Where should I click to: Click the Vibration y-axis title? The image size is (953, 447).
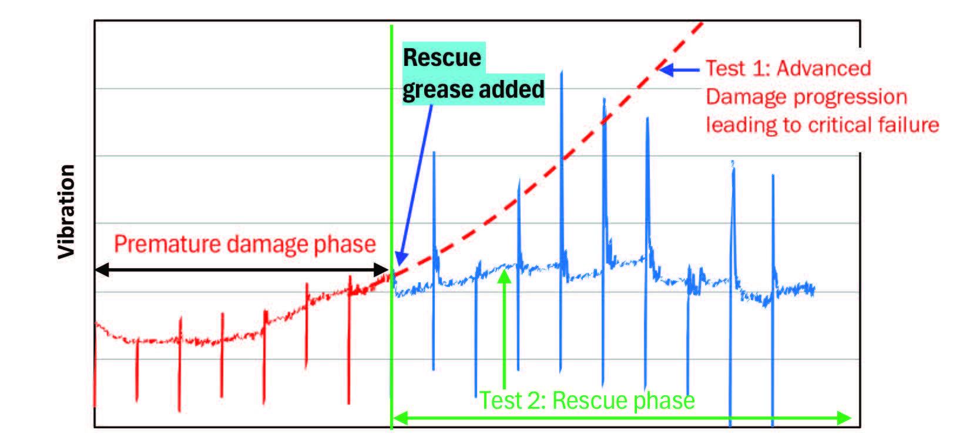(x=66, y=212)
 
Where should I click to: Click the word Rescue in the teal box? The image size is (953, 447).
(x=442, y=58)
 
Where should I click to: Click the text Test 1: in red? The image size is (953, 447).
(x=737, y=69)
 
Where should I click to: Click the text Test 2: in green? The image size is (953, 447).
(x=513, y=401)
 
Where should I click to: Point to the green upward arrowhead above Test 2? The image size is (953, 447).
(x=504, y=276)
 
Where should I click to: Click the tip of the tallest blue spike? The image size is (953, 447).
(x=562, y=72)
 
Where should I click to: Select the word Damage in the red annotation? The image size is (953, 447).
(x=740, y=97)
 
